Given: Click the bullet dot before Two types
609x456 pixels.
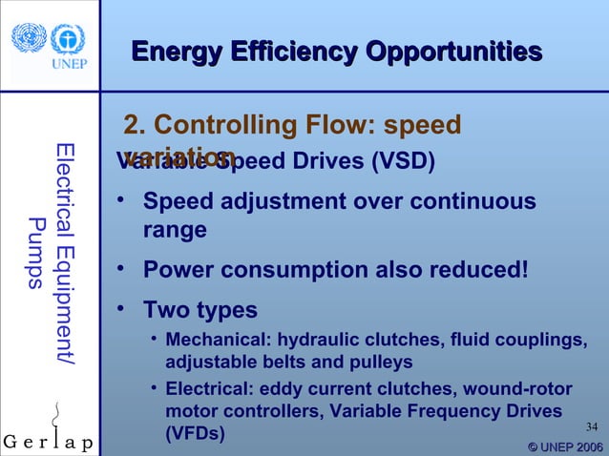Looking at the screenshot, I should coord(121,309).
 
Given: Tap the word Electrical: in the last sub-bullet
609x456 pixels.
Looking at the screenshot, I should coord(212,388).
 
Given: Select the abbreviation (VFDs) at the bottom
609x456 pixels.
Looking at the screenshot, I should coord(195,434).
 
